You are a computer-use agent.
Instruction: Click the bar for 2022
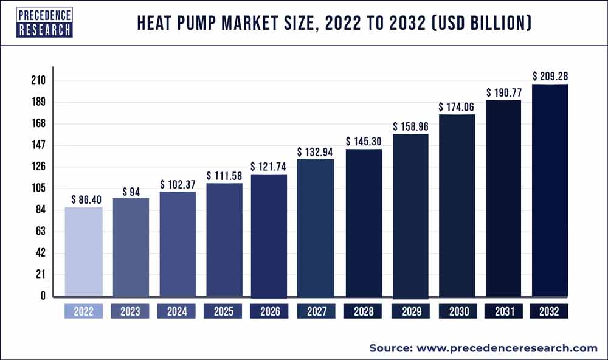tap(83, 252)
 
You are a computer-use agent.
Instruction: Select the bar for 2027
tap(316, 228)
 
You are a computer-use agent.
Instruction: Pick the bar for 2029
tap(410, 215)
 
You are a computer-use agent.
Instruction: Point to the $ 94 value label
tap(131, 192)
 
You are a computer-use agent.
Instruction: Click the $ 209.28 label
tap(550, 77)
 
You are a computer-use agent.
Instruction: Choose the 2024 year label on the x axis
tap(177, 312)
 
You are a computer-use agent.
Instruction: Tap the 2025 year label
tap(224, 312)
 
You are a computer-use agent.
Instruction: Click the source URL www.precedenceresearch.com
tap(506, 348)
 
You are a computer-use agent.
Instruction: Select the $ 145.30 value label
tap(364, 141)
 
